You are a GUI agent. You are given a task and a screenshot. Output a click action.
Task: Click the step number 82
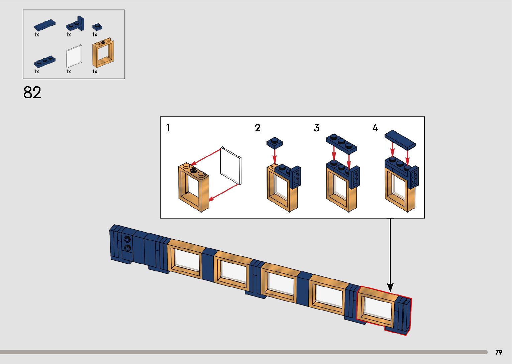click(x=32, y=93)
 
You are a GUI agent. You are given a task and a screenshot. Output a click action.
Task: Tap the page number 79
click(x=499, y=352)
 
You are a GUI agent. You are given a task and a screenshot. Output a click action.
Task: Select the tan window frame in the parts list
click(x=103, y=53)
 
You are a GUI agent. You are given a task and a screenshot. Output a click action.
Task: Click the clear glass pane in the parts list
click(x=74, y=55)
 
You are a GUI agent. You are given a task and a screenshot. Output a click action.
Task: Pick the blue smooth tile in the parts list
click(x=44, y=25)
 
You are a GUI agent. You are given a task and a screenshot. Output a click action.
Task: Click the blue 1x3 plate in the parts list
click(x=44, y=61)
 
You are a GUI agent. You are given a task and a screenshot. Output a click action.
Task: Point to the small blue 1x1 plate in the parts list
click(x=97, y=27)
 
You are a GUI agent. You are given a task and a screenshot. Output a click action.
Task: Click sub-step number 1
click(x=168, y=128)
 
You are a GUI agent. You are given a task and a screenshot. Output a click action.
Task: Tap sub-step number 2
click(x=258, y=128)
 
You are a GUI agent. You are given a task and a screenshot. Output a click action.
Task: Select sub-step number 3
click(x=317, y=128)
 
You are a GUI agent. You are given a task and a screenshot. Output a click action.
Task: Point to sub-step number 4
click(x=375, y=128)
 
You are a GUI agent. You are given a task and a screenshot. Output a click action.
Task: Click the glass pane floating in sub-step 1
click(x=231, y=166)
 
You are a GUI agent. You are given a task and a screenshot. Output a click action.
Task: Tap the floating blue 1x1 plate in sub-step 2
click(x=275, y=142)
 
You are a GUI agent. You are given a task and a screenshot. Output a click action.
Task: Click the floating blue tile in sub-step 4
click(x=400, y=139)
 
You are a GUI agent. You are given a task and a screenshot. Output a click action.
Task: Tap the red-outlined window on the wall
click(x=377, y=308)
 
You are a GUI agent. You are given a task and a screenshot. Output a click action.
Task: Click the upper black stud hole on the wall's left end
click(x=127, y=239)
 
